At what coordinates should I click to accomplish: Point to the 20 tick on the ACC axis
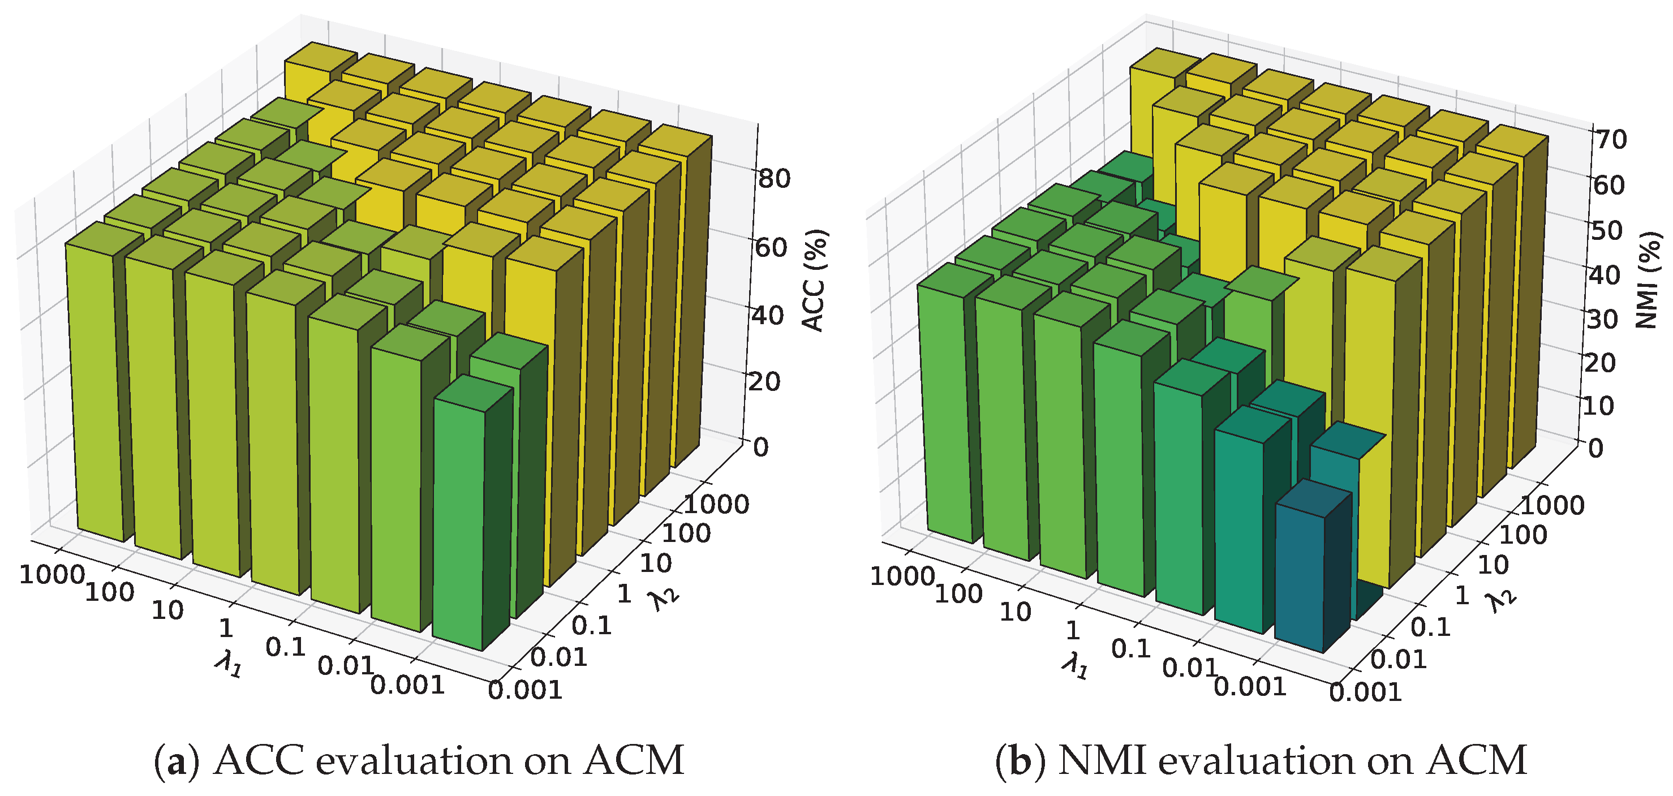pos(764,381)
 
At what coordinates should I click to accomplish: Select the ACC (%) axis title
pos(813,280)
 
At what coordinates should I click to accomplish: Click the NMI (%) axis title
pos(1647,280)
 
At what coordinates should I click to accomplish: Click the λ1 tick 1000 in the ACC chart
pos(52,575)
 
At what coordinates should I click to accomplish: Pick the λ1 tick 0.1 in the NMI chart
pos(1131,648)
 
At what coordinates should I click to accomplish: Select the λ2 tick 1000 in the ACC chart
pos(716,504)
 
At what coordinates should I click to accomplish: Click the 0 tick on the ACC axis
pos(760,448)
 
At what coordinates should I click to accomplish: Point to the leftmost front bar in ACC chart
pos(96,390)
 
